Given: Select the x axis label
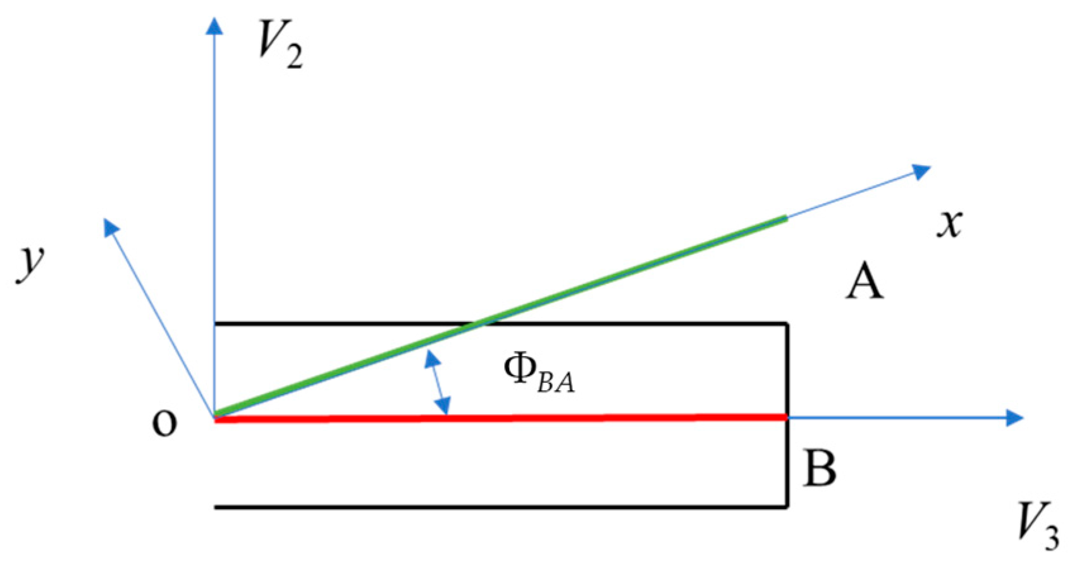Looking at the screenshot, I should click(x=949, y=224).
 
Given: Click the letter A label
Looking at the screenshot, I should click(x=865, y=282).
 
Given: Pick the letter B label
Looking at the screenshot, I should click(x=820, y=469).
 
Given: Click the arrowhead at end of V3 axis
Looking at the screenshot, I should click(x=1014, y=417).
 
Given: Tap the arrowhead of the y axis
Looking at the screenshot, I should click(x=111, y=227).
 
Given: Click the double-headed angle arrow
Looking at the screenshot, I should click(x=438, y=383).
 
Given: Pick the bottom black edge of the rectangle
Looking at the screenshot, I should click(x=500, y=507).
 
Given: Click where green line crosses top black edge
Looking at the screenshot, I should click(x=479, y=324).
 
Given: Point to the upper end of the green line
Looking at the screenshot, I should click(x=785, y=218).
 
